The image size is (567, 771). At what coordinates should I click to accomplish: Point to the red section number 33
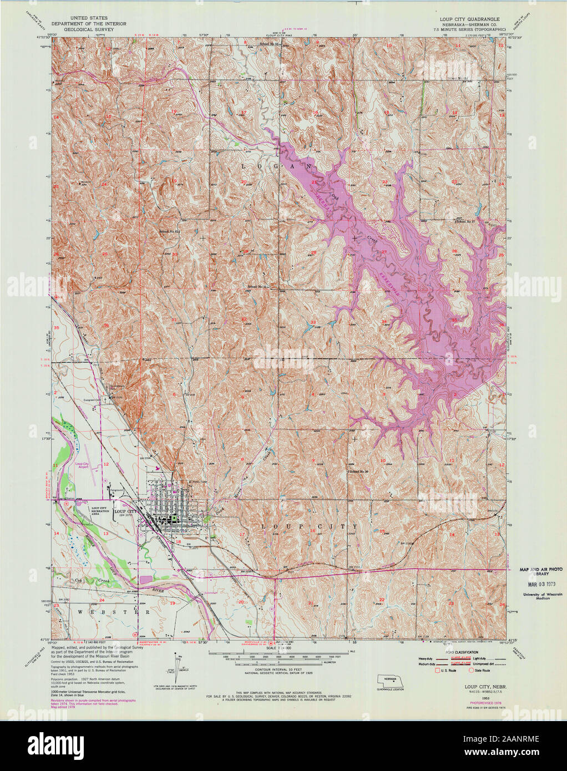[313, 322]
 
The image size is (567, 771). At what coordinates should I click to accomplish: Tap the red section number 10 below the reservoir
[383, 461]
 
